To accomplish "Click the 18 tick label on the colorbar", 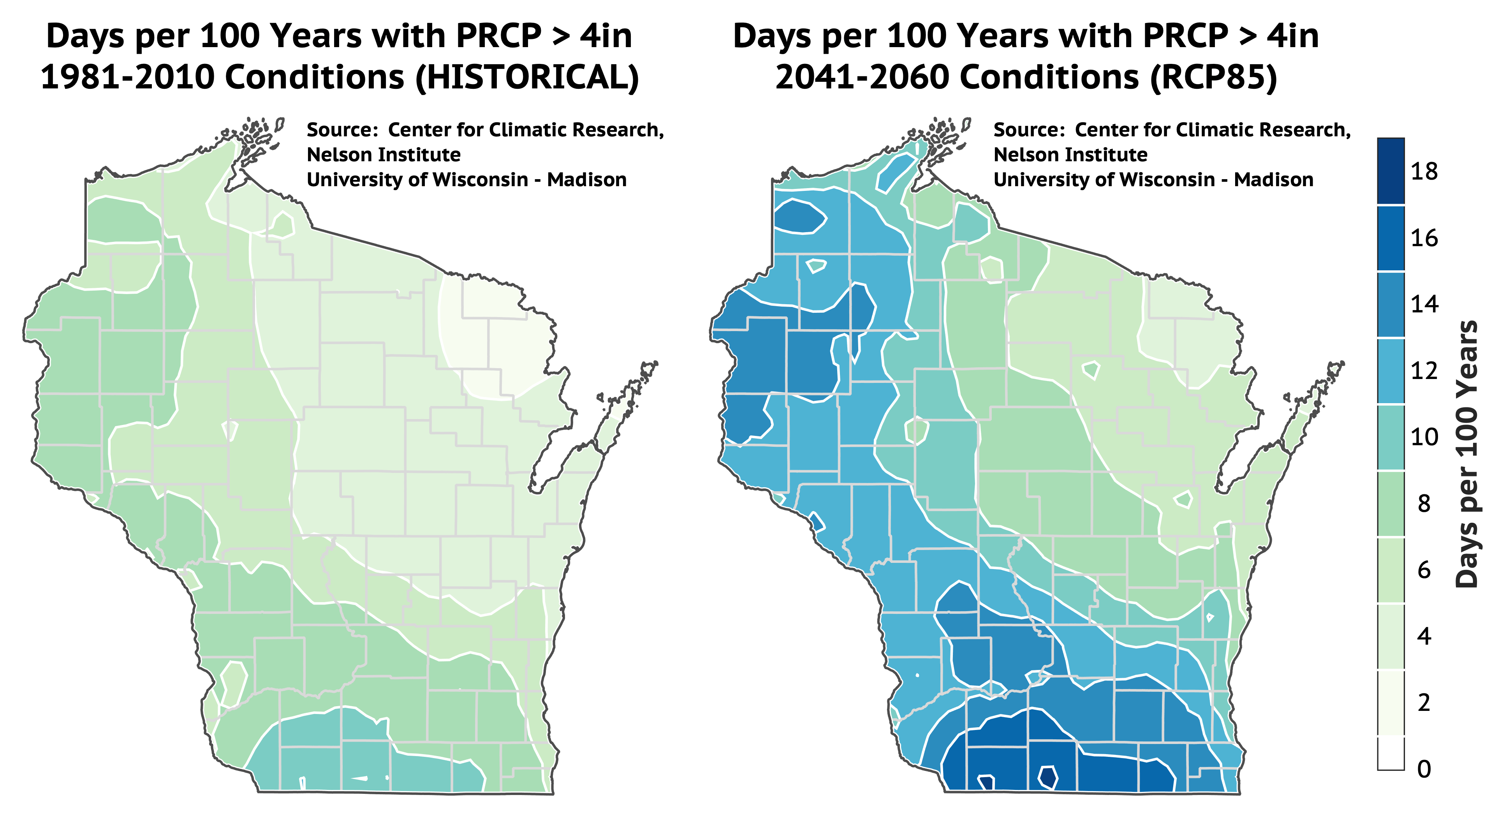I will [x=1424, y=171].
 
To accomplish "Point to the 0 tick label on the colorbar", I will [x=1424, y=769].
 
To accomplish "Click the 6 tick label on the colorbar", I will [x=1424, y=569].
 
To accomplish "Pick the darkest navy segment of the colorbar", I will [x=1391, y=171].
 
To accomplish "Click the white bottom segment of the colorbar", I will [x=1391, y=753].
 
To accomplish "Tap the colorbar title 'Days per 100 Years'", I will [x=1466, y=454].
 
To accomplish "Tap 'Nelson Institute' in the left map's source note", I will [x=384, y=155].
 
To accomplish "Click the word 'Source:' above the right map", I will [x=1030, y=130].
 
